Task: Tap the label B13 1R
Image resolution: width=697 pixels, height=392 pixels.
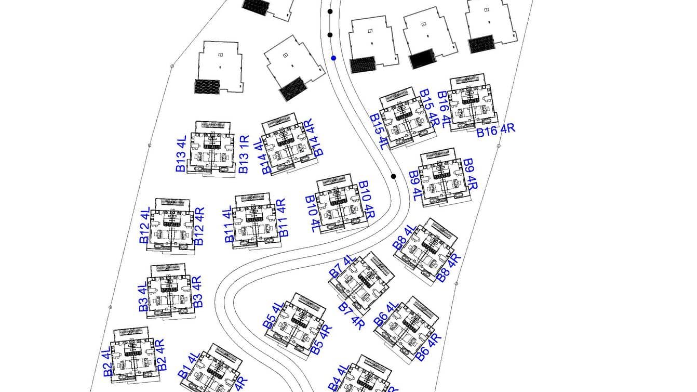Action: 244,154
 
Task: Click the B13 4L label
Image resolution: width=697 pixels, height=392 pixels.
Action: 181,154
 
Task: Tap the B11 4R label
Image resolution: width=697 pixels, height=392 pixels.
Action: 283,218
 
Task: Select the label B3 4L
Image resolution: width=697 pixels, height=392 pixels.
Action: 144,298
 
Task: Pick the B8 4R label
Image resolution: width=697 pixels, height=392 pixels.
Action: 448,267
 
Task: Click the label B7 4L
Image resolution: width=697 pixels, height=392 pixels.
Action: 342,266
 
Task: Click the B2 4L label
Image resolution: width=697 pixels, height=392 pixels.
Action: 107,362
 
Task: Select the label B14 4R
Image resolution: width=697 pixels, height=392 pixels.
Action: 313,137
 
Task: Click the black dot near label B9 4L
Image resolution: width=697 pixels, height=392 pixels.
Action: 394,176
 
